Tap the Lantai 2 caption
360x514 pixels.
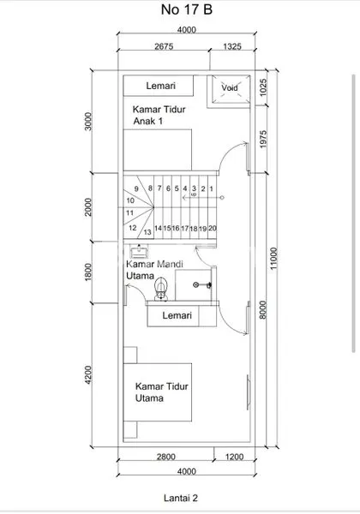pos(181,495)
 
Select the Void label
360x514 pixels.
pos(230,87)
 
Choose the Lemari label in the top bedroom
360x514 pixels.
pos(160,87)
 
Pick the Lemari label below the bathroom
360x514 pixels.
pos(180,316)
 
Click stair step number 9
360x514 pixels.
pos(136,188)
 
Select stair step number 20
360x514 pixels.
pos(212,228)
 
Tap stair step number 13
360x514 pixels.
pos(147,231)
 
